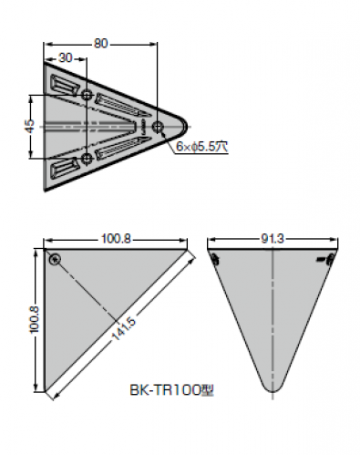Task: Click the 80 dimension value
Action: [x=100, y=44]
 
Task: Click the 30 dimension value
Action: [x=66, y=57]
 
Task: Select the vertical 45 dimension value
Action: [x=30, y=127]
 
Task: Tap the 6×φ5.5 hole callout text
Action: [x=201, y=147]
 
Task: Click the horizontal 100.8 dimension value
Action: [x=116, y=239]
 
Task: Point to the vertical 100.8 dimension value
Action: [x=35, y=319]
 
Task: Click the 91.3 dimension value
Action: [x=273, y=239]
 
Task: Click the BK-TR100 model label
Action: [x=172, y=390]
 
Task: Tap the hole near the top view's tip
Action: [x=158, y=127]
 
